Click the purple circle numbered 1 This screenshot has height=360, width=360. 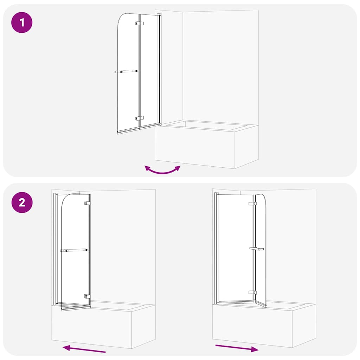[x=22, y=23]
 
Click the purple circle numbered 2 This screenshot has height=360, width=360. [x=22, y=202]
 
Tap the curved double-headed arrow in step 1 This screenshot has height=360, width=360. [x=162, y=170]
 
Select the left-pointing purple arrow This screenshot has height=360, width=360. [x=84, y=349]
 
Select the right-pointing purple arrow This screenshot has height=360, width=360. [x=237, y=348]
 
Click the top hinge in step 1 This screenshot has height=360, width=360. [x=139, y=24]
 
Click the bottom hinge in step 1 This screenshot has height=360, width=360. [x=139, y=118]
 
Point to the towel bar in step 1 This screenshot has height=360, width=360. [x=126, y=71]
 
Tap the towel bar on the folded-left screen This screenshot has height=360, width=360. [x=74, y=251]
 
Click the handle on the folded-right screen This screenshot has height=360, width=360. [x=257, y=249]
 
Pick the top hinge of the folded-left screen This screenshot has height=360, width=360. [x=87, y=203]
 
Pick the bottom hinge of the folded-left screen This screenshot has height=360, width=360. [x=87, y=296]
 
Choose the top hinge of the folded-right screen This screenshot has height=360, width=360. [x=252, y=204]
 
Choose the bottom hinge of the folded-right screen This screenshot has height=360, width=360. [x=252, y=292]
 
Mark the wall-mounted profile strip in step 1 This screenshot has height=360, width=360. [x=159, y=70]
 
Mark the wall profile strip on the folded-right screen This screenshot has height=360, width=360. [x=217, y=246]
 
